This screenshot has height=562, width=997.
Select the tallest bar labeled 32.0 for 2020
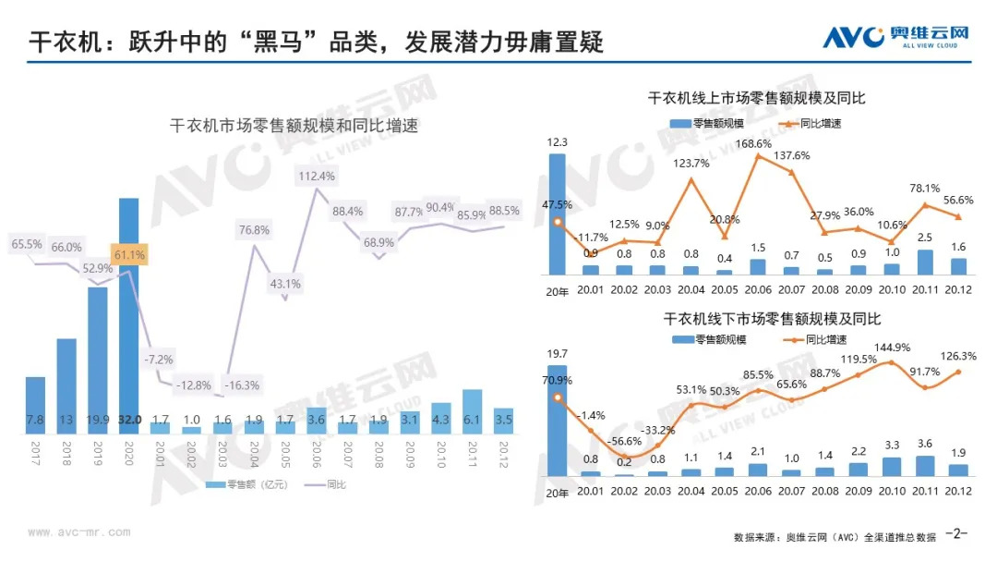pyautogui.click(x=128, y=314)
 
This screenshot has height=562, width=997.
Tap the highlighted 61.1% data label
pyautogui.click(x=128, y=255)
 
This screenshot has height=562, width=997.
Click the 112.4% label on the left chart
pyautogui.click(x=317, y=176)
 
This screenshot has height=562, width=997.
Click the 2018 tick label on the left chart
pyautogui.click(x=66, y=453)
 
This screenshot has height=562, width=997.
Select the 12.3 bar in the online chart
pyautogui.click(x=557, y=214)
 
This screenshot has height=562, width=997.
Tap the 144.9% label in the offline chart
pyautogui.click(x=892, y=348)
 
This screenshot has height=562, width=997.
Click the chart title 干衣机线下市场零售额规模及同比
pyautogui.click(x=772, y=319)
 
